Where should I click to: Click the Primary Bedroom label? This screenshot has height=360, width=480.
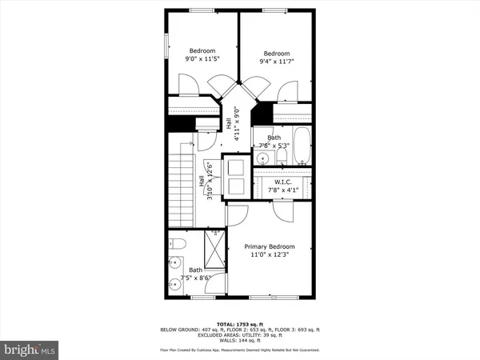click(x=270, y=246)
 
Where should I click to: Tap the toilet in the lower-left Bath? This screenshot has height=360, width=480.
click(x=178, y=244)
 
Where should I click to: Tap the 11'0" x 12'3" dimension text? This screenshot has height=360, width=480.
click(x=270, y=255)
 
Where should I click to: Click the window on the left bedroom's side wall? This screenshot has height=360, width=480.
click(x=166, y=46)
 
